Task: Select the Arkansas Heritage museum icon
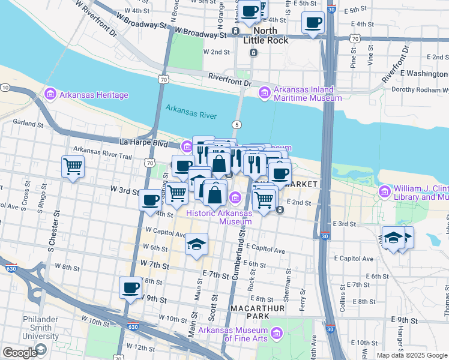50,94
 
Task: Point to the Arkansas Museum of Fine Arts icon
277,332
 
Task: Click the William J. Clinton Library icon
384,192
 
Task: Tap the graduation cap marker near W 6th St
196,244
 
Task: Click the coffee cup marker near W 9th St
130,287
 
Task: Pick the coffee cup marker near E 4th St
313,24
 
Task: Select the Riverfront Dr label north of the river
229,77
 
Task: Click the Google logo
19,353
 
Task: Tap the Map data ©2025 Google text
412,355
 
